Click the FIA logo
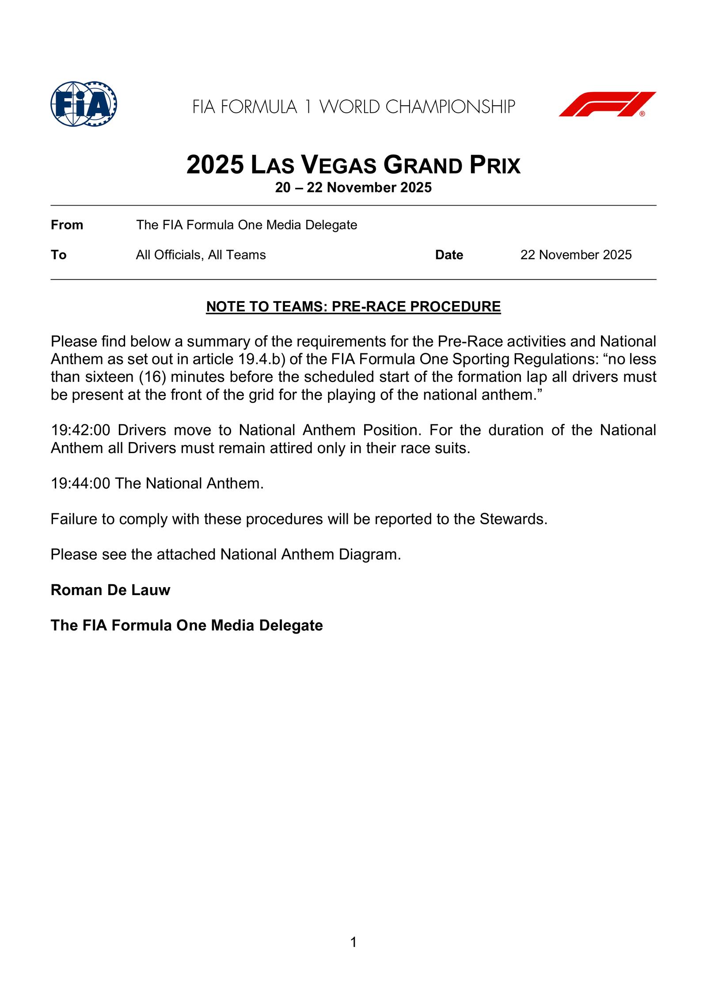click(x=84, y=103)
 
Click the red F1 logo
click(x=607, y=104)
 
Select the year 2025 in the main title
click(x=215, y=165)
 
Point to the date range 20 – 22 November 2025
click(x=353, y=188)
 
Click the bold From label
click(x=67, y=225)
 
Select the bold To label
click(x=58, y=255)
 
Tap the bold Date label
click(x=449, y=255)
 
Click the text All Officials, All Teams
click(x=201, y=255)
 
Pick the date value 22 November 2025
click(x=576, y=255)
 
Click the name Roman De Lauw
click(x=110, y=590)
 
